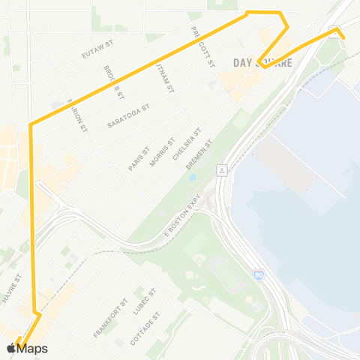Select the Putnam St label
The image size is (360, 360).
point(163,77)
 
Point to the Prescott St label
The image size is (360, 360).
point(202,46)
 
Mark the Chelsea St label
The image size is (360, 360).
point(184,144)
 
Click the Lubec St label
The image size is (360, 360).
point(143,301)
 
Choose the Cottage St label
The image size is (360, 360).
point(145,328)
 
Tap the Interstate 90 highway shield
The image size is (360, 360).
point(258,275)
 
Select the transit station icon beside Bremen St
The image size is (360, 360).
point(223,170)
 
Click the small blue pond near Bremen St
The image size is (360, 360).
point(193,178)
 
